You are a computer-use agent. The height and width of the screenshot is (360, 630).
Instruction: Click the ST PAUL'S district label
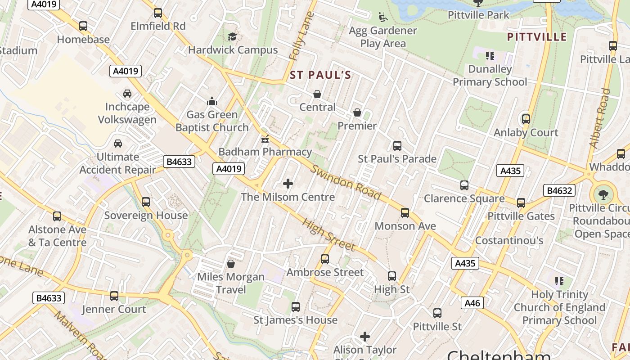320,75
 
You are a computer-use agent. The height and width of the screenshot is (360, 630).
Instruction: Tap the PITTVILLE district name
537,37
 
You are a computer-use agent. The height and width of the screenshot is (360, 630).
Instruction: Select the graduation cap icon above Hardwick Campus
232,36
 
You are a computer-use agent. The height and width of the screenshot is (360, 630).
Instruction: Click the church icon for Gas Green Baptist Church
211,101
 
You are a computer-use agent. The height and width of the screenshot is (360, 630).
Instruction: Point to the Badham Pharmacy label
265,152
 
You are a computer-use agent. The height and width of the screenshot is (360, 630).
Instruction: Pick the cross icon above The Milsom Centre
288,184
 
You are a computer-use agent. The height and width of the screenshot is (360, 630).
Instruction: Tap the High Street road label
328,234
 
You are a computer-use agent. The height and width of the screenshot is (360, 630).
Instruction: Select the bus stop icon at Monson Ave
405,213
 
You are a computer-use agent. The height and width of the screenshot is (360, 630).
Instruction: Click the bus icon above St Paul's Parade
397,146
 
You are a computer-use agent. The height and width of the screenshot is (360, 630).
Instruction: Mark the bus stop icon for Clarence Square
464,185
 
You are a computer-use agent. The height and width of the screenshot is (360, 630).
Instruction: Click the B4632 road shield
559,190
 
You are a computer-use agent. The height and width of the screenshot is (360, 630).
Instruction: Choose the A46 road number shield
472,303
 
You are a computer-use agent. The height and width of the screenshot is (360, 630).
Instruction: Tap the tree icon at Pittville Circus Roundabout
603,195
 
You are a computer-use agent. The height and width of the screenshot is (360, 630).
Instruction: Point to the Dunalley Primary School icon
490,56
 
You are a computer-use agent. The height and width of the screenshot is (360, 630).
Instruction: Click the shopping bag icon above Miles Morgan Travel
231,263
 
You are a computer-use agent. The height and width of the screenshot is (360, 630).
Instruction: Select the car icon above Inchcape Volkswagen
127,94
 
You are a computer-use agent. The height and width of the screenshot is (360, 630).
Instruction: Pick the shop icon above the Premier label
357,112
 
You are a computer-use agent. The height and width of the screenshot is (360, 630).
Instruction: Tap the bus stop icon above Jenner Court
114,296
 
